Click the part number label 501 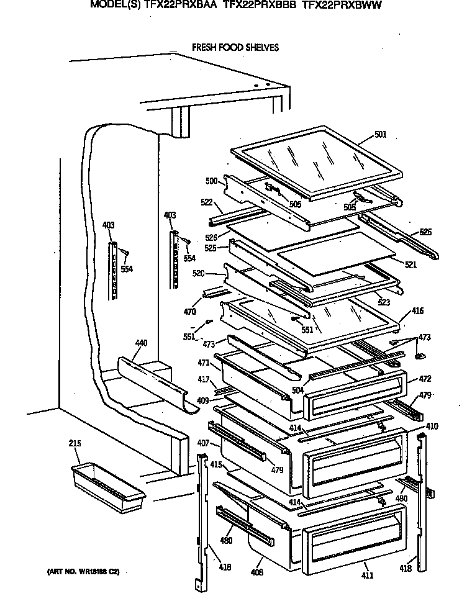coord(380,135)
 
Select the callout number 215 coord(75,444)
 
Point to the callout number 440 coord(141,343)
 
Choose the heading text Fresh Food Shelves coord(235,47)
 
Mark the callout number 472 coord(424,379)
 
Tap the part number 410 coord(431,427)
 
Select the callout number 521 coord(410,265)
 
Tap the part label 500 coord(211,181)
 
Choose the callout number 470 coord(190,311)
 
